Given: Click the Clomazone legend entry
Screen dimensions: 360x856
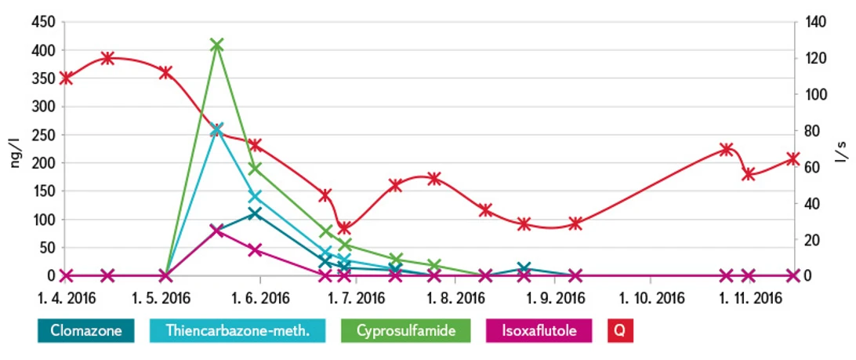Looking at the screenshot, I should tap(86, 331).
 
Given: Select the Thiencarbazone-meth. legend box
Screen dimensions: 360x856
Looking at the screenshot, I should tap(238, 331).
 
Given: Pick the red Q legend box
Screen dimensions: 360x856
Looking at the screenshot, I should tap(619, 331).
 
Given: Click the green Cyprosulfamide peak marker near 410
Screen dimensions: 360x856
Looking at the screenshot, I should tap(217, 45).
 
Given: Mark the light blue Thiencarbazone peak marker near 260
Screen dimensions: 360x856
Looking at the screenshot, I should tap(217, 130).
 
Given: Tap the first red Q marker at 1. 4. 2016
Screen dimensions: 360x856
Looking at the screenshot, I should tap(66, 78).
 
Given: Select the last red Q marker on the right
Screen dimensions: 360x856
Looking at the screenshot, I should tap(793, 159).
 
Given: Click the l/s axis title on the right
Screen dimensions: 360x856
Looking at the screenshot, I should tap(842, 149).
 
